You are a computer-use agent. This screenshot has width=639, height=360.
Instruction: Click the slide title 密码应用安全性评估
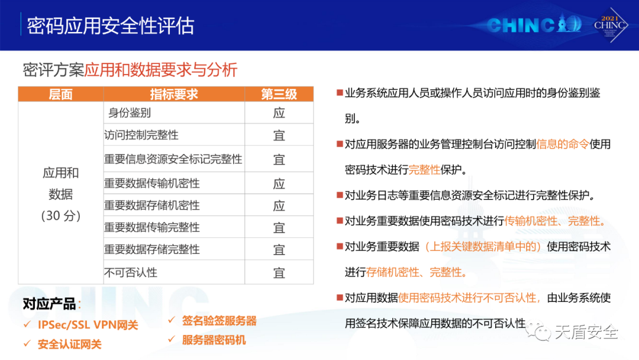pyautogui.click(x=111, y=25)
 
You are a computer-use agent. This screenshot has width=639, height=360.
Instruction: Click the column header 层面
pyautogui.click(x=61, y=94)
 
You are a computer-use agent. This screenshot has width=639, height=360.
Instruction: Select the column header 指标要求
pyautogui.click(x=173, y=94)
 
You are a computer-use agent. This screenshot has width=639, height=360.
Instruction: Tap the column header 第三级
pyautogui.click(x=279, y=94)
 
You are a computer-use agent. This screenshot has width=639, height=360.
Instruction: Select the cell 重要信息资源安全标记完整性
pyautogui.click(x=173, y=159)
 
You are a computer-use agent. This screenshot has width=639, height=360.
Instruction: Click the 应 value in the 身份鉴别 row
pyautogui.click(x=279, y=113)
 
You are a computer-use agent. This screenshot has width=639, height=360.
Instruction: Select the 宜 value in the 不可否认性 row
pyautogui.click(x=279, y=273)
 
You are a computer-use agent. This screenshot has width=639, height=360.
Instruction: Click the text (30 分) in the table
pyautogui.click(x=61, y=216)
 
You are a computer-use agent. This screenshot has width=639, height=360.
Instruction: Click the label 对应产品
pyautogui.click(x=49, y=304)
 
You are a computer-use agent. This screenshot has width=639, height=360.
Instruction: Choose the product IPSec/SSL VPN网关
pyautogui.click(x=88, y=325)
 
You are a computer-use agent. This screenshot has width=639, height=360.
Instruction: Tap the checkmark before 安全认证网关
pyautogui.click(x=27, y=343)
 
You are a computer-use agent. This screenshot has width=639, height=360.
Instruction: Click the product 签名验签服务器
pyautogui.click(x=220, y=321)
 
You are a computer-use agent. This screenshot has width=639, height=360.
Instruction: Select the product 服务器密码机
pyautogui.click(x=214, y=340)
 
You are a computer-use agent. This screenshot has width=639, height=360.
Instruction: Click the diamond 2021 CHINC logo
pyautogui.click(x=609, y=25)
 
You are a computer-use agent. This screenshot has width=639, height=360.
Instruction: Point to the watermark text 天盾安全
pyautogui.click(x=586, y=332)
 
